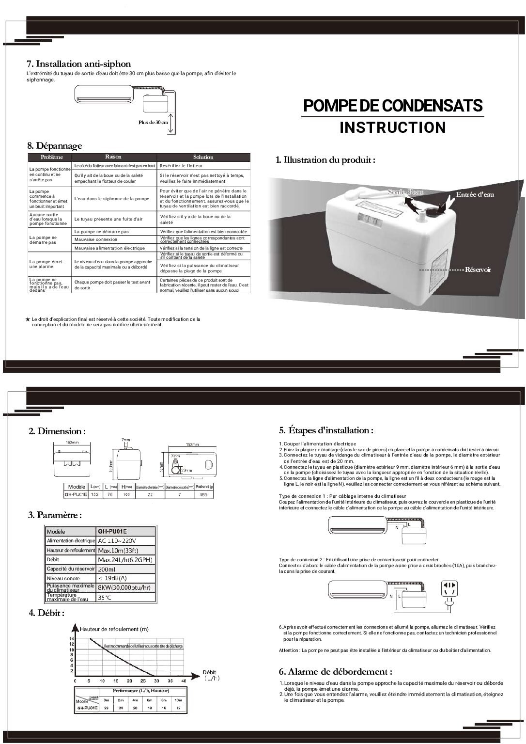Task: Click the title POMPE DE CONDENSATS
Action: pos(393,106)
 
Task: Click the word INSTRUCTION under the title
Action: pos(392,127)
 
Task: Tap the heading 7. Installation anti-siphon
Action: pos(79,64)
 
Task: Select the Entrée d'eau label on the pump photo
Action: pos(475,194)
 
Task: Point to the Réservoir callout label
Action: pos(478,269)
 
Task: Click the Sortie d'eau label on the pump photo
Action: pos(406,192)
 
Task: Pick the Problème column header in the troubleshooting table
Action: pos(52,157)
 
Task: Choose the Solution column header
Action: pos(203,157)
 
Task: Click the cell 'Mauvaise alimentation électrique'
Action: pos(109,248)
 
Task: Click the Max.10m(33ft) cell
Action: pos(118,551)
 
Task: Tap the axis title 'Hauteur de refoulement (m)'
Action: pos(114,629)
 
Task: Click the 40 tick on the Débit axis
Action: pos(183,681)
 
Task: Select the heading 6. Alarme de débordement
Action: pos(335,671)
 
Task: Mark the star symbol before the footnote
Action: pos(28,319)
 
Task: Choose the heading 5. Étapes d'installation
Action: pos(326,430)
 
